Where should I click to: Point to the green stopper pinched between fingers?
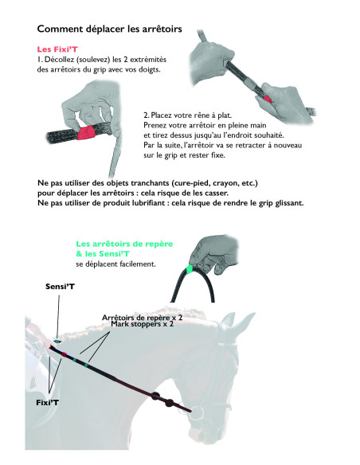point(188,270)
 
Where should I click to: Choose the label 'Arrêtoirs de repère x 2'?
point(143,317)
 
